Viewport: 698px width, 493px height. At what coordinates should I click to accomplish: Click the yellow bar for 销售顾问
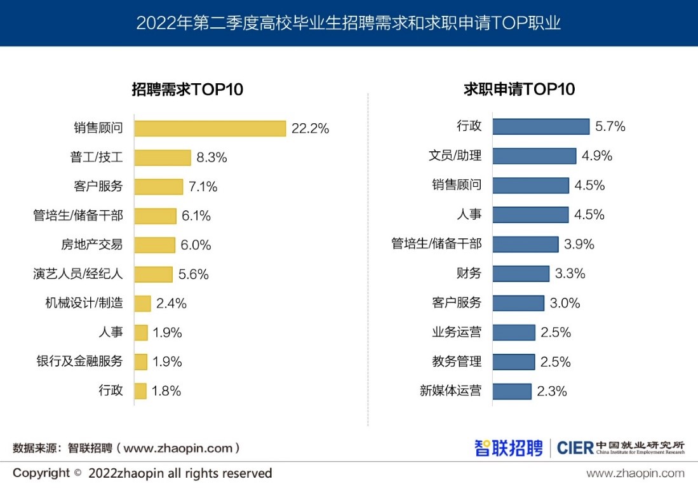[210, 128]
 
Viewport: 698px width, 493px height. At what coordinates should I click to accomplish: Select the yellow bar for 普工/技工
[163, 158]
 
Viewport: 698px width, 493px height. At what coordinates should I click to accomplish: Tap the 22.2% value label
[310, 128]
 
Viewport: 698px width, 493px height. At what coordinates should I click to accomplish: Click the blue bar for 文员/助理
[534, 156]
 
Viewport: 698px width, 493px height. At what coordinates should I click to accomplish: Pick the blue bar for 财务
[521, 274]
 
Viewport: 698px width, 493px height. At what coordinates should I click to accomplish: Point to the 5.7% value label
[610, 126]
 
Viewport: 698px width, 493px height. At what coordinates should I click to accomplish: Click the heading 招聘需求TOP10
[187, 89]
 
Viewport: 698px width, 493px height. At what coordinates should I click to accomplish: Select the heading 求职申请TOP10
[519, 89]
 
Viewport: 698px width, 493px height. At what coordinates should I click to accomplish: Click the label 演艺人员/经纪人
[77, 274]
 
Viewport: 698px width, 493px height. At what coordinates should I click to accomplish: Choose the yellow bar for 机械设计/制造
[143, 304]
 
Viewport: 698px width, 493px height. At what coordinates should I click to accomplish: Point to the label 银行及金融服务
[79, 361]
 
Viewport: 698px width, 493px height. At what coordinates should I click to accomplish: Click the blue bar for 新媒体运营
[512, 391]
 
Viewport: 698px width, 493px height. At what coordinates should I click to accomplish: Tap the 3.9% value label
[579, 245]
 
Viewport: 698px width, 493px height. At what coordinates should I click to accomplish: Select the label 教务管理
[457, 361]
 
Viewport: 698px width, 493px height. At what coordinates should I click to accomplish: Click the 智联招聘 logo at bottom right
[508, 447]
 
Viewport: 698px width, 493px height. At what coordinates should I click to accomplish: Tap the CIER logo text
[575, 447]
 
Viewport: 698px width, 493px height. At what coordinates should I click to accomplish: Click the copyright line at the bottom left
[142, 473]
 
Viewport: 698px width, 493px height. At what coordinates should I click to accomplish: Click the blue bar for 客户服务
[518, 303]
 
